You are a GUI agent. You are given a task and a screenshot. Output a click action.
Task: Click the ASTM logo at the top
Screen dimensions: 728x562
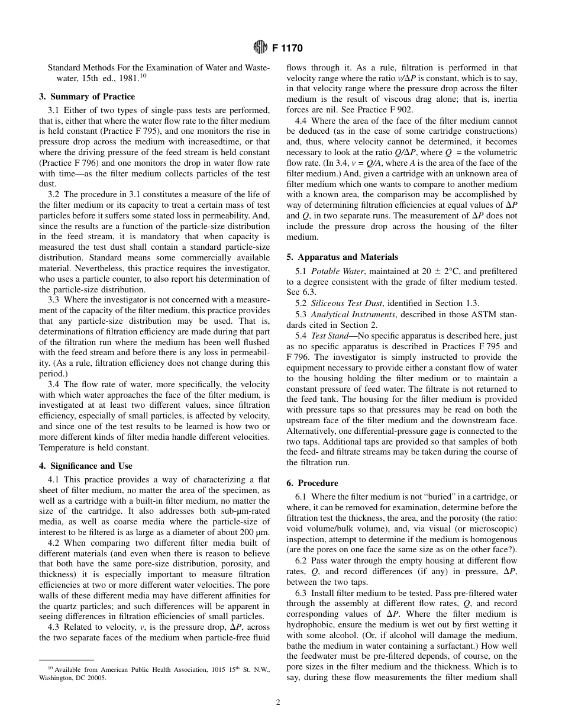pos(261,47)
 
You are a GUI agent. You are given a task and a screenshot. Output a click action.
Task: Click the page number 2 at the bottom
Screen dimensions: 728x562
pos(278,703)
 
